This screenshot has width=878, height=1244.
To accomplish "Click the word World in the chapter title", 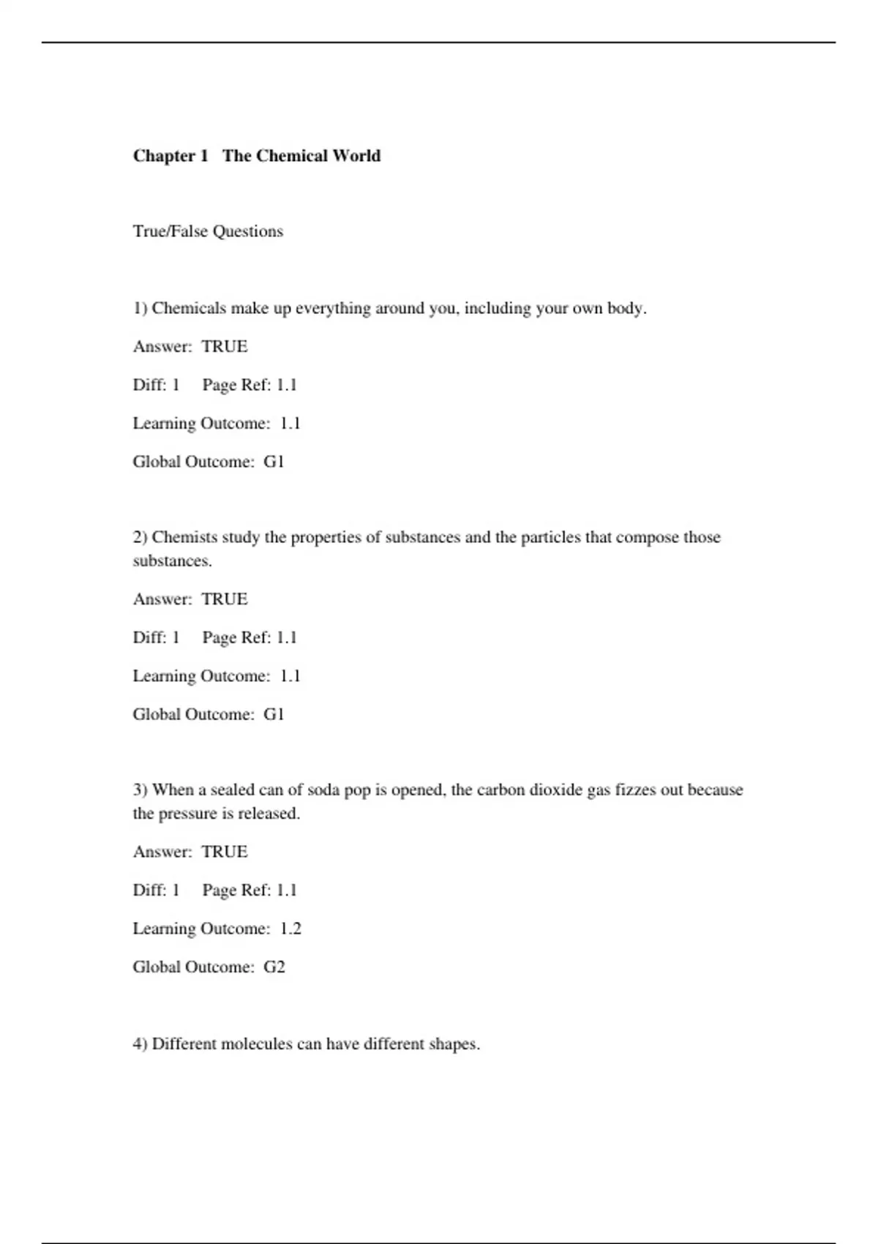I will click(356, 156).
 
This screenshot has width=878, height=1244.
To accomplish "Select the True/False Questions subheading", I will click(208, 231).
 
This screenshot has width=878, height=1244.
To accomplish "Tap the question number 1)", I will click(140, 308).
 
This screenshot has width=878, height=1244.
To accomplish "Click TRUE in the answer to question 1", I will click(225, 346).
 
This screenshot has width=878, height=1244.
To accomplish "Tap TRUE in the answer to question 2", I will click(225, 599).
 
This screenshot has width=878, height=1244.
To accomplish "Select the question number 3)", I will click(140, 790).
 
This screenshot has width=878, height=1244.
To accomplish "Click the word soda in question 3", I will click(323, 790).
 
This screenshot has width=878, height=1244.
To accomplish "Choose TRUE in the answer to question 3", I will click(225, 852).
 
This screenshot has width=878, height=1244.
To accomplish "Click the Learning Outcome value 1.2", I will click(290, 929).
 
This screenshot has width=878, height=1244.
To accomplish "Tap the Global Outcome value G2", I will click(274, 967).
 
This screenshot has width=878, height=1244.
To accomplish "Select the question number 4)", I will click(140, 1044).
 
